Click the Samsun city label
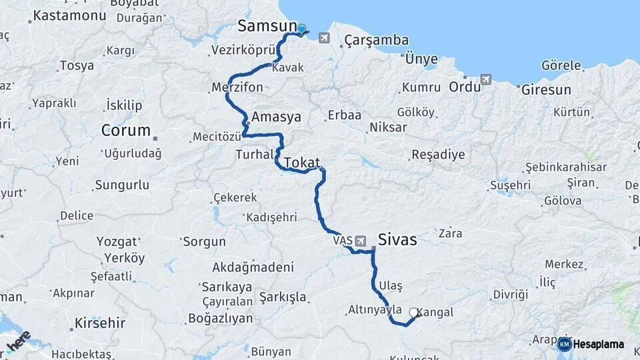pos(267,27)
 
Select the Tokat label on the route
pos(302,163)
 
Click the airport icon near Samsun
pos(324,37)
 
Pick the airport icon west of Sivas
pos(361,240)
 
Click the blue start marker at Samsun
pos(301,29)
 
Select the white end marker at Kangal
pos(413,312)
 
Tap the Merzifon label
pos(237,87)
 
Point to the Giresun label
pos(546,89)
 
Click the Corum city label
pos(125,130)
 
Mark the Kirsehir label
pos(101,323)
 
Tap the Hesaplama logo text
pos(598,345)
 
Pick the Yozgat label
pos(117,241)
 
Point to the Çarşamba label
pos(376,41)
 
